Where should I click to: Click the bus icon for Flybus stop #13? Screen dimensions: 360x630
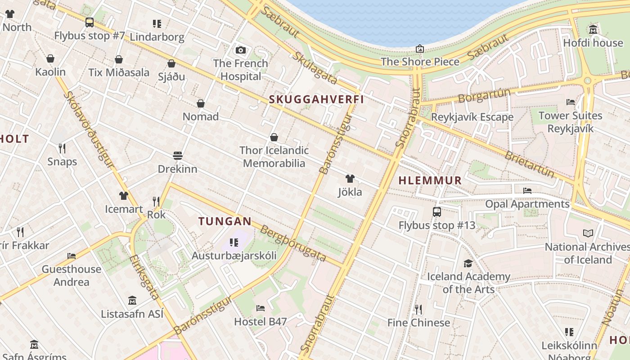pyautogui.click(x=436, y=212)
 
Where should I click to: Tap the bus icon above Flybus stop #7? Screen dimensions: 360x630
pyautogui.click(x=90, y=22)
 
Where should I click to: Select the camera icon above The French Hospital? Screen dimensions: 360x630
pyautogui.click(x=241, y=50)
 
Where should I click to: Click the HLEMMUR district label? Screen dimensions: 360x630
pyautogui.click(x=430, y=180)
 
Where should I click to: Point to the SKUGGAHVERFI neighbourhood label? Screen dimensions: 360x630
pyautogui.click(x=316, y=99)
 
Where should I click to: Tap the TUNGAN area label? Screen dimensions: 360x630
pyautogui.click(x=225, y=221)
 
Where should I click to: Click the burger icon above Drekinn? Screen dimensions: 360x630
pyautogui.click(x=178, y=156)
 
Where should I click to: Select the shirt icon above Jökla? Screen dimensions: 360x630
pyautogui.click(x=350, y=179)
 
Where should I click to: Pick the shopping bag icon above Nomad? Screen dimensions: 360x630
pyautogui.click(x=201, y=103)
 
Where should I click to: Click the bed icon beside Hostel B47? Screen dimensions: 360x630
pyautogui.click(x=260, y=308)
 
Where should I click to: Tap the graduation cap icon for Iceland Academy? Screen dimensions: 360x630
pyautogui.click(x=468, y=263)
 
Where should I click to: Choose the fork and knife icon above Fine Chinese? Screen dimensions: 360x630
pyautogui.click(x=418, y=309)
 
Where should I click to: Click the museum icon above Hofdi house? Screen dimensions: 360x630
pyautogui.click(x=593, y=30)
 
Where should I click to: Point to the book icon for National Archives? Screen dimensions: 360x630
pyautogui.click(x=588, y=233)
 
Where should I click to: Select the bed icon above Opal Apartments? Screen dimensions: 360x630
pyautogui.click(x=527, y=191)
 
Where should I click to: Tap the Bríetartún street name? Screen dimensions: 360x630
pyautogui.click(x=529, y=164)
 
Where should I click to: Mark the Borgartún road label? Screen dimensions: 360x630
pyautogui.click(x=484, y=95)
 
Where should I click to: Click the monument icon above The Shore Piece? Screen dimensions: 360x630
pyautogui.click(x=420, y=49)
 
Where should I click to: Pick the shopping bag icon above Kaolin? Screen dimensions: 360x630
pyautogui.click(x=50, y=58)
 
